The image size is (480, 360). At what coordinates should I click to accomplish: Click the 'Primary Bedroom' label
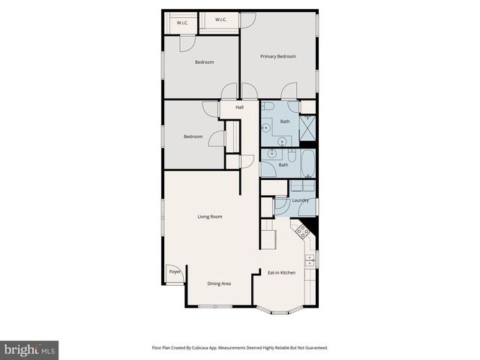coord(277,56)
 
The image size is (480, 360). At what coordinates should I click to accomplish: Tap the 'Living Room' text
coord(210,217)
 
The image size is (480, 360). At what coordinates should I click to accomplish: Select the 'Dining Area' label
coord(219,283)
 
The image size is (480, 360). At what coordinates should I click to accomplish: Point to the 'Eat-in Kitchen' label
coord(282,272)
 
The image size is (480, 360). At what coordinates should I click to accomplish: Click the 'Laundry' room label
coord(301,200)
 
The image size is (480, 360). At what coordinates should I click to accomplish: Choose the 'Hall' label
coord(240,108)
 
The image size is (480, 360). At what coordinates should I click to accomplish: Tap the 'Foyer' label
coord(175,271)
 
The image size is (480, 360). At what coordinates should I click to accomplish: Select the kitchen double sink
coord(312,262)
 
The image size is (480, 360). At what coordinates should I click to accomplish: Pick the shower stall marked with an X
coord(307,129)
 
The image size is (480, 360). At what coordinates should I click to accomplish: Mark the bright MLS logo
coord(30,349)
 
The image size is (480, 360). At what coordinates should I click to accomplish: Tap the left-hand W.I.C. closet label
coord(182,23)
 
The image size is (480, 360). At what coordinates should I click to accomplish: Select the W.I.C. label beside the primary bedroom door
coord(221,19)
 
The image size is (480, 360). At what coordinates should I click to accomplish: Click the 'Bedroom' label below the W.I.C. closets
coord(205,62)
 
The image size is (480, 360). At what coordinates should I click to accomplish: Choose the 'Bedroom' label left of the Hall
coord(193,136)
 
